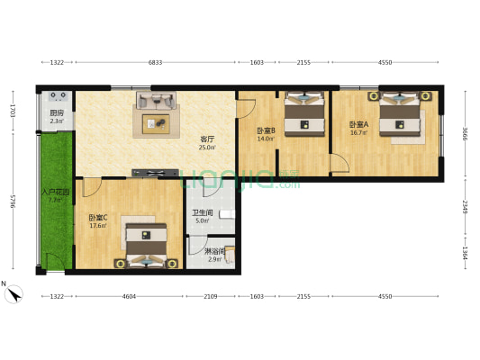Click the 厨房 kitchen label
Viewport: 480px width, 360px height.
coord(56,112)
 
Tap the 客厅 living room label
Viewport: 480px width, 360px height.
coord(207,139)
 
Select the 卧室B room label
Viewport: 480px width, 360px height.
coord(265,130)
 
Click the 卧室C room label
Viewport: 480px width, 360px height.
coord(98,217)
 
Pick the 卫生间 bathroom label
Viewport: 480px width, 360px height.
coord(202,212)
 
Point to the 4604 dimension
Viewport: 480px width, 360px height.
coord(129,295)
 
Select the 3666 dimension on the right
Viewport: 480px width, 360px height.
coord(466,134)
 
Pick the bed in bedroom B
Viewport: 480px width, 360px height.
coord(304,114)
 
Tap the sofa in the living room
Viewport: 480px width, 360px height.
coord(156,99)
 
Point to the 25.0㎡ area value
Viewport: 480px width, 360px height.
coord(207,147)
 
